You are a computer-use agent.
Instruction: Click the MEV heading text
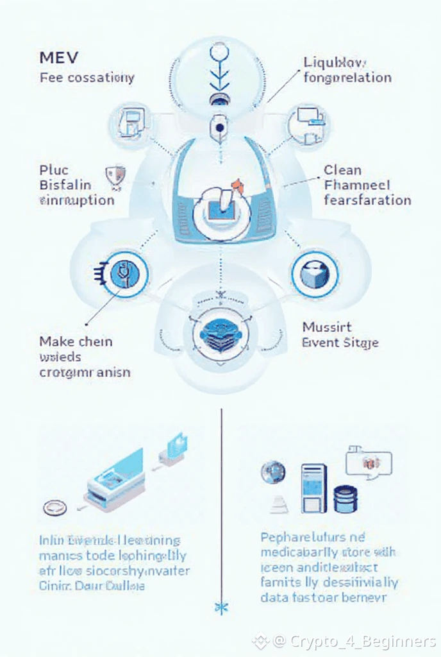pyautogui.click(x=58, y=56)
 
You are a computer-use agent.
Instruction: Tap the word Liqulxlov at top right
pyautogui.click(x=334, y=62)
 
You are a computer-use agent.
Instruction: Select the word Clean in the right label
pyautogui.click(x=342, y=171)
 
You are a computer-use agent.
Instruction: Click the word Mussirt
pyautogui.click(x=327, y=327)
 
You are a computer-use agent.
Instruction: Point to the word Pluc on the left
pyautogui.click(x=53, y=171)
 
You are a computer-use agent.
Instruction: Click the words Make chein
pyautogui.click(x=76, y=341)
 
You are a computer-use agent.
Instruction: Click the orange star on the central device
pyautogui.click(x=238, y=185)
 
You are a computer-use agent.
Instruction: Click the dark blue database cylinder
pyautogui.click(x=345, y=498)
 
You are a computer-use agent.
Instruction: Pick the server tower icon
pyautogui.click(x=313, y=488)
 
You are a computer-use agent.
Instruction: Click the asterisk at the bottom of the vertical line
pyautogui.click(x=221, y=606)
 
